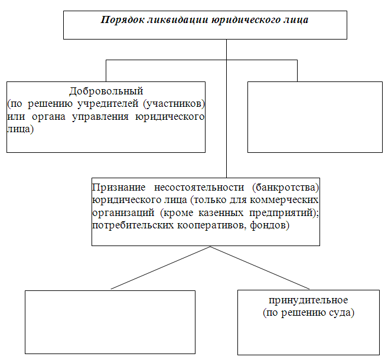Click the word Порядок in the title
pyautogui.click(x=122, y=20)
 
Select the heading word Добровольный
pyautogui.click(x=106, y=91)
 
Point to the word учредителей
pyautogui.click(x=108, y=104)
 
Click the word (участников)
pyautogui.click(x=174, y=104)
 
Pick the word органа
pyautogui.click(x=48, y=117)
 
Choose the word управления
pyautogui.click(x=100, y=117)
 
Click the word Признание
pyautogui.click(x=119, y=188)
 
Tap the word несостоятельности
pyautogui.click(x=199, y=188)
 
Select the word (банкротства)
pyautogui.click(x=286, y=188)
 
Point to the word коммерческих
pyautogui.click(x=284, y=200)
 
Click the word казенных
pyautogui.click(x=221, y=212)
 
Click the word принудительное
pyautogui.click(x=308, y=300)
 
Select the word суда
pyautogui.click(x=341, y=313)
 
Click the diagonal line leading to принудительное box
pyautogui.click(x=260, y=267)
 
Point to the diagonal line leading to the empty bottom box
pyautogui.click(x=161, y=267)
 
